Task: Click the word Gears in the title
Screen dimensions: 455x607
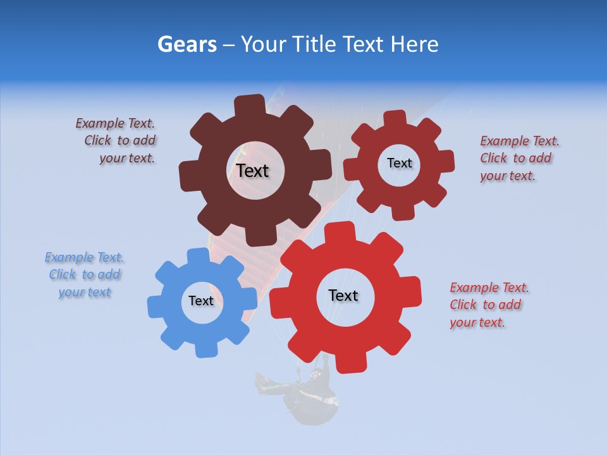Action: [187, 44]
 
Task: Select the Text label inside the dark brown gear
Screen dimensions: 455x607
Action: [252, 171]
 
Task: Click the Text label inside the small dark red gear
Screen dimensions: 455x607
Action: [399, 163]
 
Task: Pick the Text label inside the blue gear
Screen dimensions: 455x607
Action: [200, 301]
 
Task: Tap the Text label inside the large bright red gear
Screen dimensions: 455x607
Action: [343, 295]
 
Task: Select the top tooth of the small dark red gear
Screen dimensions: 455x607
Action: [395, 119]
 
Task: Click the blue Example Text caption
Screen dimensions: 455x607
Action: [84, 275]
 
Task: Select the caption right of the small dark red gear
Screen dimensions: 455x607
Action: [519, 158]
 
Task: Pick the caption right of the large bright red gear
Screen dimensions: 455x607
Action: [489, 305]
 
